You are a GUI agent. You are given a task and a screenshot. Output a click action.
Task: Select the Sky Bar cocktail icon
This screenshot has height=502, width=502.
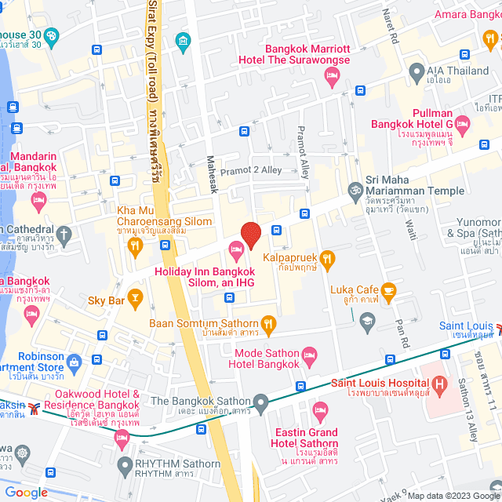135,296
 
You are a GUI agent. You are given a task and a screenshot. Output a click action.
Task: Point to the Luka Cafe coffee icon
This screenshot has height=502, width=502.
387,292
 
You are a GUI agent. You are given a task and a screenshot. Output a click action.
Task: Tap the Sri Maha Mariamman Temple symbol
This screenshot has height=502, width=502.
355,190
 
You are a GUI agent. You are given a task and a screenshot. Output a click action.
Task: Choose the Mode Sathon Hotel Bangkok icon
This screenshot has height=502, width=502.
309,355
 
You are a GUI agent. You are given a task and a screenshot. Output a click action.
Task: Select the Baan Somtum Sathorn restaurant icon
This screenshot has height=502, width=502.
268,323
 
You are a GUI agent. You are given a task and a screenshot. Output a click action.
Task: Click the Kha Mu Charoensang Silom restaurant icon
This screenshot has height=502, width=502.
134,246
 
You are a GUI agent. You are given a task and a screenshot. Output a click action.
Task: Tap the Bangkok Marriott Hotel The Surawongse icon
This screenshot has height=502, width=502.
331,75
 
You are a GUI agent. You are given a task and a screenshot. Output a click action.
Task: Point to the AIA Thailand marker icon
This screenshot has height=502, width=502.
417,75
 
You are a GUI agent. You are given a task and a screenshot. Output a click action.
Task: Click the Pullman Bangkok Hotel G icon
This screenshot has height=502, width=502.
463,124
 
